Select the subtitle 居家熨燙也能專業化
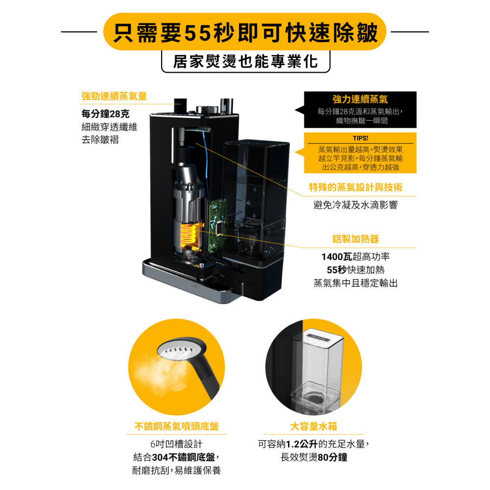click(245, 61)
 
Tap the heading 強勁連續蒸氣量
click(114, 96)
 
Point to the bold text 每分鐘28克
click(105, 114)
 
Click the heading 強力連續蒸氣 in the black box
click(360, 99)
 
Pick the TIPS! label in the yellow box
click(360, 138)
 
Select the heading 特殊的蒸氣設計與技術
click(356, 187)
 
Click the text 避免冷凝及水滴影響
click(356, 205)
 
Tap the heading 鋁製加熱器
click(356, 239)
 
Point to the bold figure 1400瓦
click(337, 257)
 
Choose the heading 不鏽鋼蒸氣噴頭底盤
click(176, 427)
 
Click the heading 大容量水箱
click(314, 427)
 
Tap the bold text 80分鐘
click(333, 458)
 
